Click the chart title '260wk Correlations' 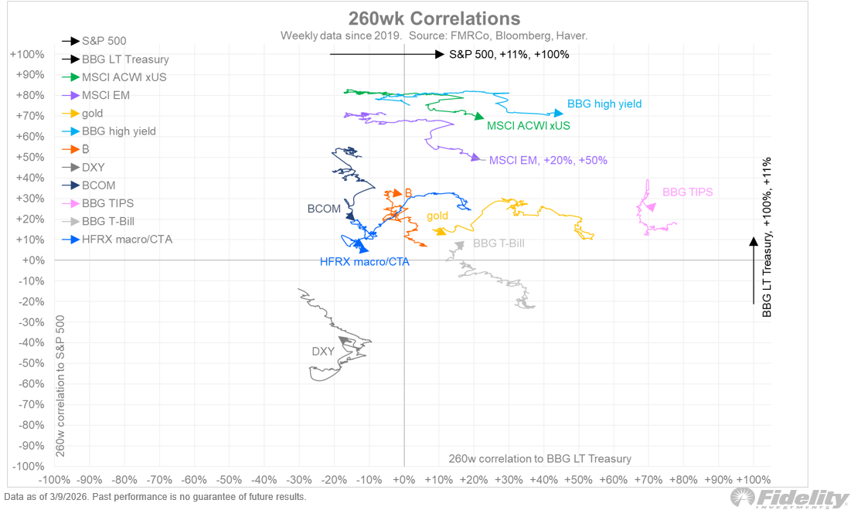coord(434,18)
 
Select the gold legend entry coord(92,114)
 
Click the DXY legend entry coord(93,167)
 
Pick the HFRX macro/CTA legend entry coord(127,240)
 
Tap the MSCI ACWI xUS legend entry coord(124,77)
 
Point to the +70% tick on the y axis coord(30,116)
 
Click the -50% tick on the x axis coord(229,480)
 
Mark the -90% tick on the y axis coord(32,446)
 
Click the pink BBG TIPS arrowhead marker coord(650,207)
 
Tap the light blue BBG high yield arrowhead coord(558,114)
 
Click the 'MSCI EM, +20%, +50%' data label coord(549,160)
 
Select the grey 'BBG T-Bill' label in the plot coord(499,243)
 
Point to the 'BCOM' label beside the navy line coord(324,209)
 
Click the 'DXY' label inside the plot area coord(323,352)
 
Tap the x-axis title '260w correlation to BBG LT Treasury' coord(539,458)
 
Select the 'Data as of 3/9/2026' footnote coord(155,497)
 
